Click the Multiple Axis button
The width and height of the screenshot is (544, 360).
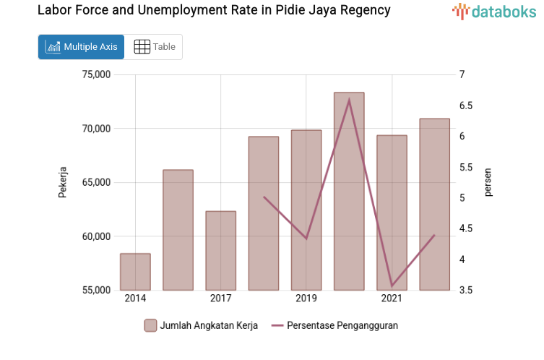[x=81, y=47]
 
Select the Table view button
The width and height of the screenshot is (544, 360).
[x=154, y=47]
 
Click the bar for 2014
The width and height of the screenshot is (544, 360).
[x=135, y=272]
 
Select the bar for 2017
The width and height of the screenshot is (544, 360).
[x=220, y=250]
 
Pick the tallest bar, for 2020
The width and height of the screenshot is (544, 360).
[x=349, y=192]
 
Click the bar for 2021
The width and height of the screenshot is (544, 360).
[x=392, y=213]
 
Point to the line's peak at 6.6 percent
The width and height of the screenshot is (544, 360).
[x=349, y=100]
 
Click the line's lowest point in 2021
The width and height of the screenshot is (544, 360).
[x=392, y=286]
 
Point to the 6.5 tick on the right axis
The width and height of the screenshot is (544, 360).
[x=466, y=106]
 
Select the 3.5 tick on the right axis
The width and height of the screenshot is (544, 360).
[x=466, y=291]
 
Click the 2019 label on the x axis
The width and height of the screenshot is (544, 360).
[x=306, y=299]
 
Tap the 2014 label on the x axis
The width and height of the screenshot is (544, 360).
[x=135, y=299]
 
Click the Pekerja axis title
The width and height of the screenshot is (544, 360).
[x=63, y=182]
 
